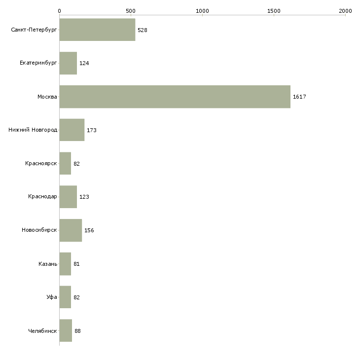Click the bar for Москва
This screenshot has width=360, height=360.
(x=175, y=97)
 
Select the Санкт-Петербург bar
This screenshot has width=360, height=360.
(x=97, y=30)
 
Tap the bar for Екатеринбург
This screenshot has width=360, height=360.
(x=68, y=63)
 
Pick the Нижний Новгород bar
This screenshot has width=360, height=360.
(x=72, y=130)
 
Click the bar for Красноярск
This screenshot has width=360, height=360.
(x=65, y=163)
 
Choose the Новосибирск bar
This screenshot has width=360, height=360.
(x=71, y=230)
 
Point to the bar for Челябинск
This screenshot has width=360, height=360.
(x=66, y=330)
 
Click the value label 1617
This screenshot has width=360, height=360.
(x=299, y=97)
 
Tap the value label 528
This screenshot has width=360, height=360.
(x=143, y=30)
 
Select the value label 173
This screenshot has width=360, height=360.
(x=92, y=130)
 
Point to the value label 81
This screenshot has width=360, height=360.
(x=76, y=264)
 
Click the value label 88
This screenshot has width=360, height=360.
(x=77, y=331)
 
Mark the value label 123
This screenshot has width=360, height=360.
(x=84, y=197)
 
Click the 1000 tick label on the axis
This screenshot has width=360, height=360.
(x=202, y=11)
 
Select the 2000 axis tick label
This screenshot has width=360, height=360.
(x=345, y=11)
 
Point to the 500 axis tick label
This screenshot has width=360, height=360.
(x=131, y=11)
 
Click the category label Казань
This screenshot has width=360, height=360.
(x=48, y=264)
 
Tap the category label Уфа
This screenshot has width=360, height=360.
(x=52, y=297)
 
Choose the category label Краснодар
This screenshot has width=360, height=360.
(x=42, y=197)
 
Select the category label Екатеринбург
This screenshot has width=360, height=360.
(x=38, y=63)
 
